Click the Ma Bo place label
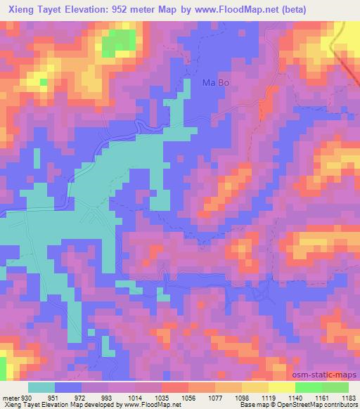click(216, 82)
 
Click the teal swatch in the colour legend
click(41, 387)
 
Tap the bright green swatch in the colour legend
click(308, 387)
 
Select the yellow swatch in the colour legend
click(281, 387)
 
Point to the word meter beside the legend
click(10, 398)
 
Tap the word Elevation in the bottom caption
click(49, 405)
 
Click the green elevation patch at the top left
click(119, 44)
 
